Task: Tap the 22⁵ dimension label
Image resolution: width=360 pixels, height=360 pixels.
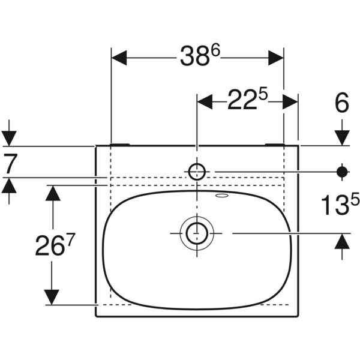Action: click(247, 100)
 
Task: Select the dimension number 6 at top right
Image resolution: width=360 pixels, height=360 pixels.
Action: click(341, 103)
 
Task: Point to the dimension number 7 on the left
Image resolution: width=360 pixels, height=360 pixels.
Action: click(9, 163)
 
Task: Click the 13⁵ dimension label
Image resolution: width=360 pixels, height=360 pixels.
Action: click(340, 206)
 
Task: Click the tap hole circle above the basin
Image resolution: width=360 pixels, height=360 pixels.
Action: click(196, 172)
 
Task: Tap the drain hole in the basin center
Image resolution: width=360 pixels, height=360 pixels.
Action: click(196, 232)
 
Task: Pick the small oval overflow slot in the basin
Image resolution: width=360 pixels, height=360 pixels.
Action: click(223, 196)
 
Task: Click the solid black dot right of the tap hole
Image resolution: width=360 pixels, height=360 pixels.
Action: click(342, 172)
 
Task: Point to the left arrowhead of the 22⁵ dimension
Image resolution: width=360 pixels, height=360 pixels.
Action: click(205, 101)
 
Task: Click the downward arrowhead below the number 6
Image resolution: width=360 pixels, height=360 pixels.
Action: click(342, 135)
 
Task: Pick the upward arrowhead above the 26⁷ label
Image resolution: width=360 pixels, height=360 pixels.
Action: click(53, 194)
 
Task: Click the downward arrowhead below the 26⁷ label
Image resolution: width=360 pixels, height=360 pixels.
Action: click(53, 296)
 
